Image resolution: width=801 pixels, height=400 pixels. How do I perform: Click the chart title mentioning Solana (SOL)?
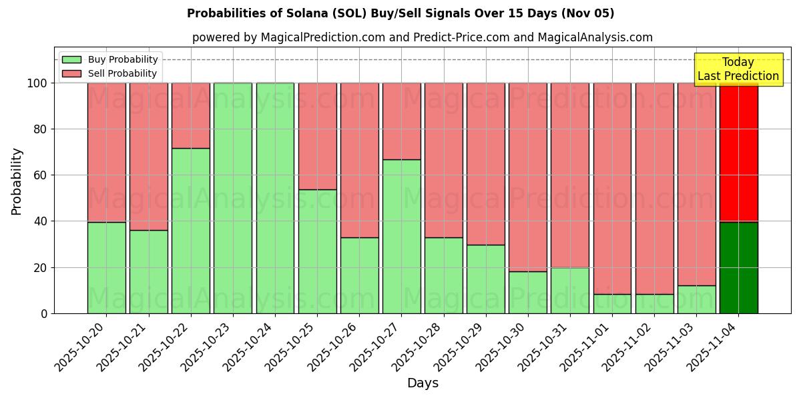click(x=400, y=13)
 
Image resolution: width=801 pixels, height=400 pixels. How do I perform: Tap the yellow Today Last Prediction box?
click(x=738, y=69)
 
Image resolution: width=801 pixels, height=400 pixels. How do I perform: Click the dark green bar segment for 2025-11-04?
click(x=738, y=267)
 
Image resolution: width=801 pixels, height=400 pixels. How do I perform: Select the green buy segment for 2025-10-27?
click(x=401, y=236)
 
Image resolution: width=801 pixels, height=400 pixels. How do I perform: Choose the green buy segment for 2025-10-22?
click(x=190, y=231)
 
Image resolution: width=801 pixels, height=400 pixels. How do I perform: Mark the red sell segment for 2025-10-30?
click(x=527, y=177)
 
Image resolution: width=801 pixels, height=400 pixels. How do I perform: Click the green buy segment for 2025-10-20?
click(x=106, y=267)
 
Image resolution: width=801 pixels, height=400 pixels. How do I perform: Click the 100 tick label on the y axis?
click(x=37, y=83)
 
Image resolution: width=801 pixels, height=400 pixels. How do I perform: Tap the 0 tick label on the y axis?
click(x=44, y=313)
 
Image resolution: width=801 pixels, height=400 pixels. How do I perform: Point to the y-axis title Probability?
click(x=17, y=181)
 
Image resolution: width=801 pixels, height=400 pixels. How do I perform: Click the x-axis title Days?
click(x=423, y=383)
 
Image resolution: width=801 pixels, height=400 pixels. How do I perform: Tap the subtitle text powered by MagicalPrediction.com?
click(x=422, y=37)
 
